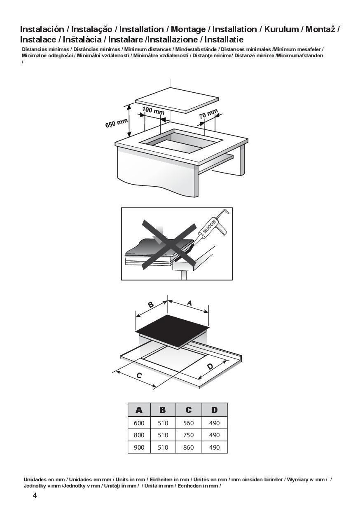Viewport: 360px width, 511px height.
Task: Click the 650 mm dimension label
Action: pyautogui.click(x=116, y=123)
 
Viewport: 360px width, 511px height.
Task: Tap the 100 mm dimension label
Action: pyautogui.click(x=153, y=111)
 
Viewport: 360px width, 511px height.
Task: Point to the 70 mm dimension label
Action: pyautogui.click(x=208, y=114)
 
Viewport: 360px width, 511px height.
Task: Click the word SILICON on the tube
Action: pyautogui.click(x=209, y=227)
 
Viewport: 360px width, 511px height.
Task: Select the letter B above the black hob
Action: pyautogui.click(x=151, y=305)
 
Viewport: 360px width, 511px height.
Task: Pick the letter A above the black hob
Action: pyautogui.click(x=189, y=303)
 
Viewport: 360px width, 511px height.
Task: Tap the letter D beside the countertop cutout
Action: pyautogui.click(x=210, y=367)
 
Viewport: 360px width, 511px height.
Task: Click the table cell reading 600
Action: pyautogui.click(x=139, y=423)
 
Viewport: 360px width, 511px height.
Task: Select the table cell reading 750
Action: pyautogui.click(x=188, y=435)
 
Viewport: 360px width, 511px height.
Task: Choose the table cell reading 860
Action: pyautogui.click(x=188, y=448)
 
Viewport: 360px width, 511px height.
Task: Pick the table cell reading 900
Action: pyautogui.click(x=139, y=448)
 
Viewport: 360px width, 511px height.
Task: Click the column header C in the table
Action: pyautogui.click(x=188, y=410)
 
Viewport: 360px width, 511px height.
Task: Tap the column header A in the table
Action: pyautogui.click(x=139, y=410)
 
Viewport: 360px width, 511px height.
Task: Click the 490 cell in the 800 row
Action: pyautogui.click(x=214, y=435)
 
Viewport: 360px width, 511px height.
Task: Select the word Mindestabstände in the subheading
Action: pyautogui.click(x=196, y=49)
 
